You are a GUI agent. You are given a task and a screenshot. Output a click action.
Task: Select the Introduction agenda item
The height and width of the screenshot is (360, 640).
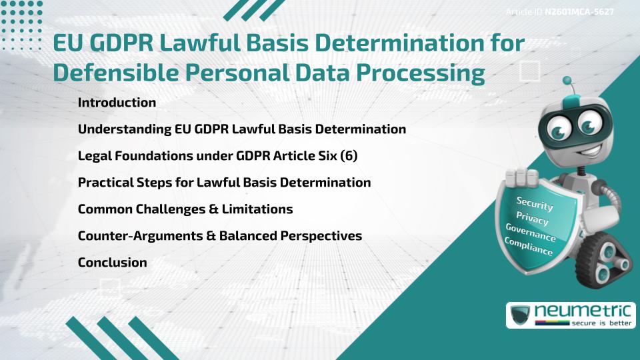117,103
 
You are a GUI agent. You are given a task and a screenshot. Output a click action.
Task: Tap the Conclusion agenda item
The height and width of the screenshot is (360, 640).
112,263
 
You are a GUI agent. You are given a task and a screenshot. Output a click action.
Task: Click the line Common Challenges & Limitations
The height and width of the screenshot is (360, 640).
185,209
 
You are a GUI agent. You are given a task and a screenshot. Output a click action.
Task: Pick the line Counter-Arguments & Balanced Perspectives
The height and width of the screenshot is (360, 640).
220,236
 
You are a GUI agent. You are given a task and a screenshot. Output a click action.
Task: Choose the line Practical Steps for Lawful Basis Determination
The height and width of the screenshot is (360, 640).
225,183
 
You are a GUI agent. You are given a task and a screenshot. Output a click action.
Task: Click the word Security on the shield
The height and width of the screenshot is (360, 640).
535,203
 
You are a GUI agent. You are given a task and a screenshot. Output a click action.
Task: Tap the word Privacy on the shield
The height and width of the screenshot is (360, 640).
533,219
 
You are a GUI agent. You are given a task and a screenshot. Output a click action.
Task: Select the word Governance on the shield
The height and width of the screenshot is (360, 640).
531,233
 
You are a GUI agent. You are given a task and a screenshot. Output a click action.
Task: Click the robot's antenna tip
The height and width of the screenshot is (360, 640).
568,81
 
